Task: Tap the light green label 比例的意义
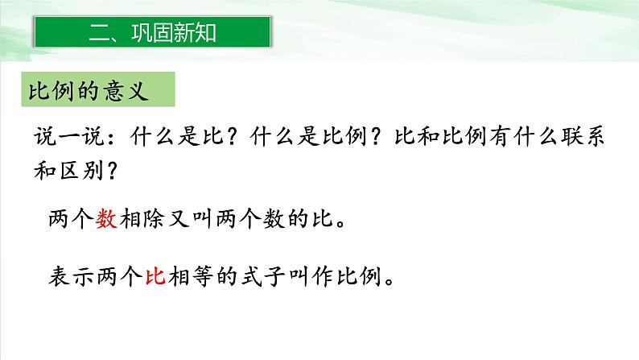pyautogui.click(x=97, y=89)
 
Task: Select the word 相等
pyautogui.click(x=200, y=277)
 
